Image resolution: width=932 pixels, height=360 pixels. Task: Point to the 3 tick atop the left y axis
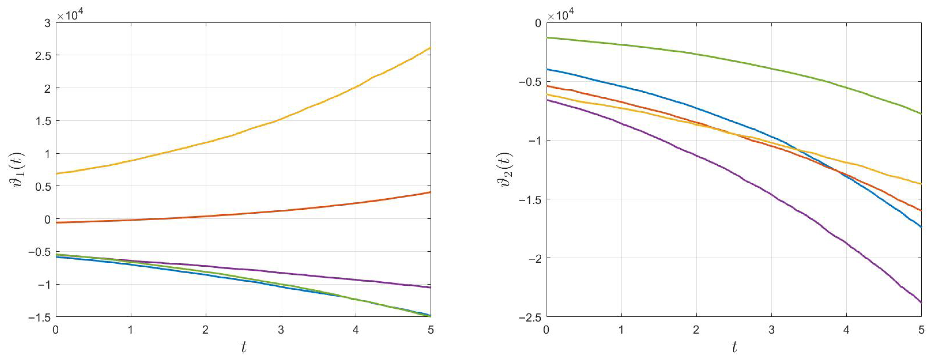(47, 23)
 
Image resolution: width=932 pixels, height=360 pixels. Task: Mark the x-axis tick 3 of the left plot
(281, 330)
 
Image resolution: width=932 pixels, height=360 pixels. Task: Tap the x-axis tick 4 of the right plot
(846, 330)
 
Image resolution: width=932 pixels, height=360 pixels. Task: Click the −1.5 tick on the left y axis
(39, 317)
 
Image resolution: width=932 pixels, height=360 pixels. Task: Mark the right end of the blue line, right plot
(920, 227)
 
